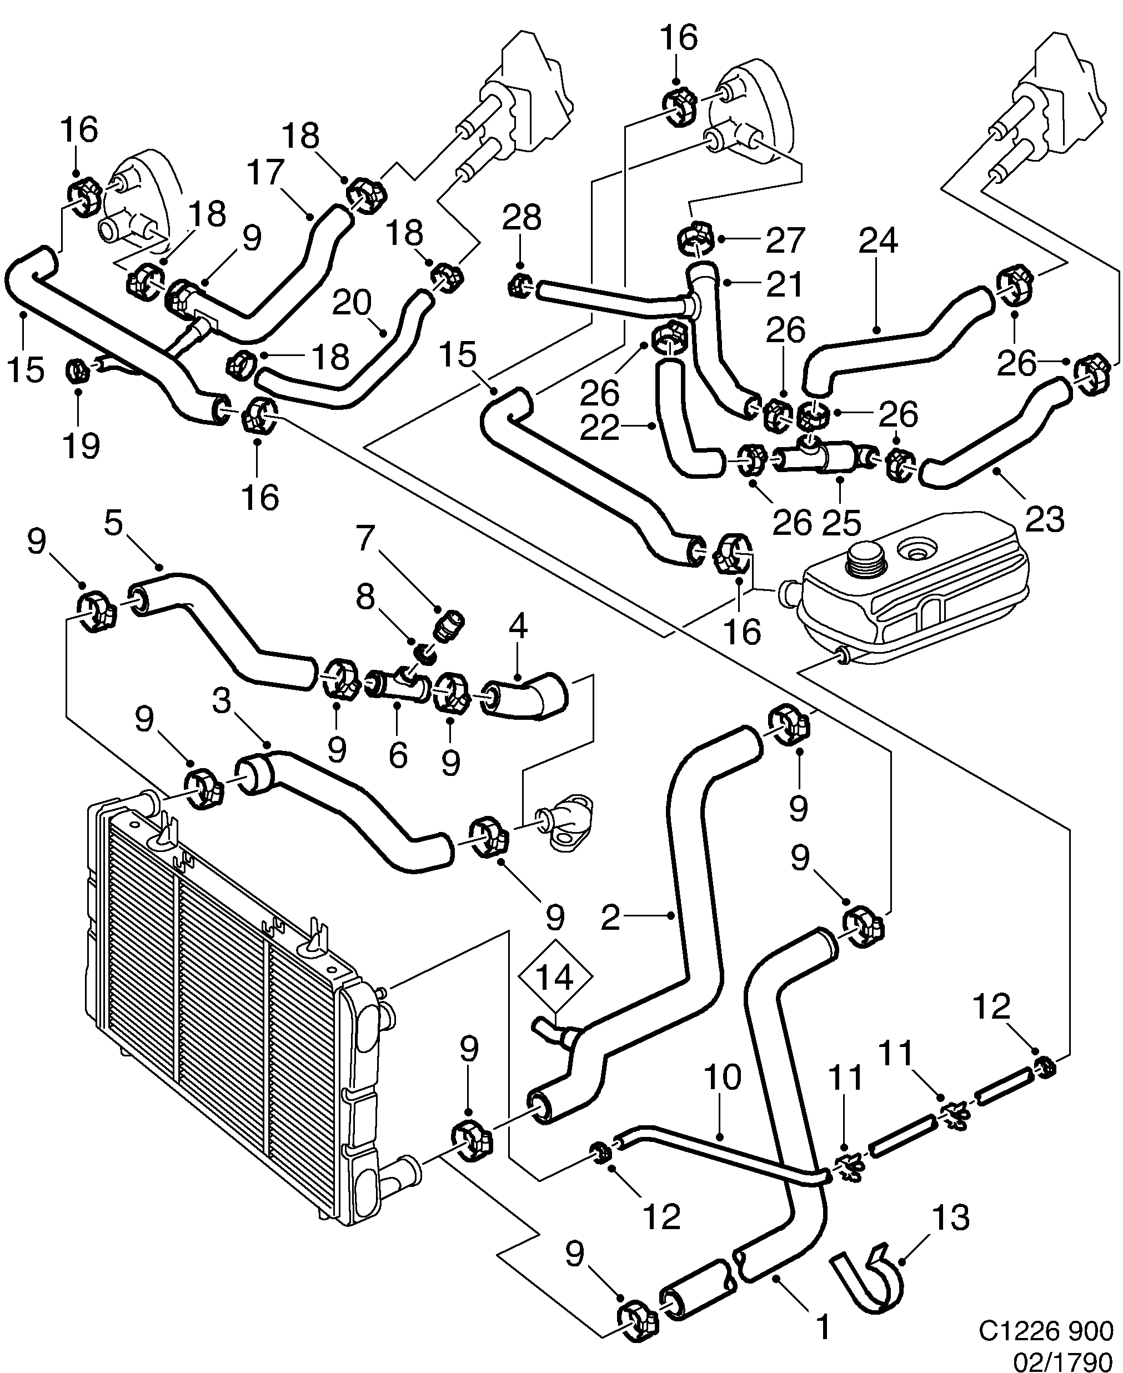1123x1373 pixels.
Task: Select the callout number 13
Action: tap(950, 1217)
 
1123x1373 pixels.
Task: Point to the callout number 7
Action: tap(366, 538)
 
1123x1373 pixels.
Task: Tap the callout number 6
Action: tap(398, 754)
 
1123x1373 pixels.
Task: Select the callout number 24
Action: tap(879, 240)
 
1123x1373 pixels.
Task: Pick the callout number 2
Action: tap(610, 918)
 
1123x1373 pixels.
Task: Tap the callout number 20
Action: tap(352, 302)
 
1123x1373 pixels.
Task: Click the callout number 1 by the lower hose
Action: tap(822, 1327)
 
